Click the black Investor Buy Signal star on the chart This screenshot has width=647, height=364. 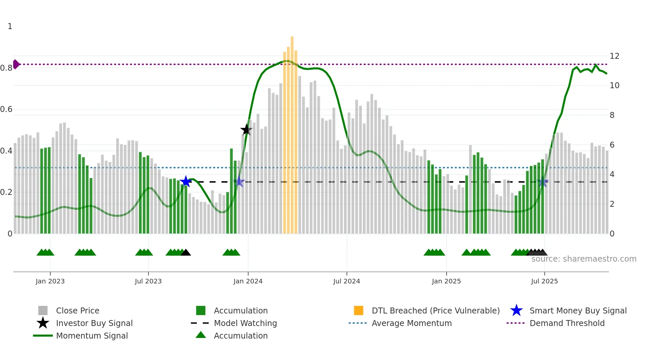click(246, 130)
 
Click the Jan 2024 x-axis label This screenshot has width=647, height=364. click(248, 281)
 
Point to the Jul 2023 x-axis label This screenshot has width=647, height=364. click(148, 281)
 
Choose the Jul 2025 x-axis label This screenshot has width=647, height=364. click(544, 281)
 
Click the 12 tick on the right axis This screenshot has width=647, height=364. click(614, 56)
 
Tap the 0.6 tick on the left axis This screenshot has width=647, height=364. click(7, 109)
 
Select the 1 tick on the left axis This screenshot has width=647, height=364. click(10, 26)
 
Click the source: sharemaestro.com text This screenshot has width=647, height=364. click(584, 259)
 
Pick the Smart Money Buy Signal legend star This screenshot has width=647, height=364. click(516, 310)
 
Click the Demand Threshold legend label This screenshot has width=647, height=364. click(567, 323)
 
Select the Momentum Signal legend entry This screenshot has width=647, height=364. click(92, 336)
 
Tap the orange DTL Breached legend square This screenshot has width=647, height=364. click(358, 310)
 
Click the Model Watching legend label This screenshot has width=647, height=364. click(245, 323)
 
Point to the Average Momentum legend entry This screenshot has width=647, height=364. click(412, 323)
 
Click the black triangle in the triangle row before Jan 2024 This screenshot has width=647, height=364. click(186, 253)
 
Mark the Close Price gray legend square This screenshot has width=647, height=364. click(43, 310)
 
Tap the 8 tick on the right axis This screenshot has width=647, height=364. click(612, 115)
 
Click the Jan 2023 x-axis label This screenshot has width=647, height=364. click(50, 281)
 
